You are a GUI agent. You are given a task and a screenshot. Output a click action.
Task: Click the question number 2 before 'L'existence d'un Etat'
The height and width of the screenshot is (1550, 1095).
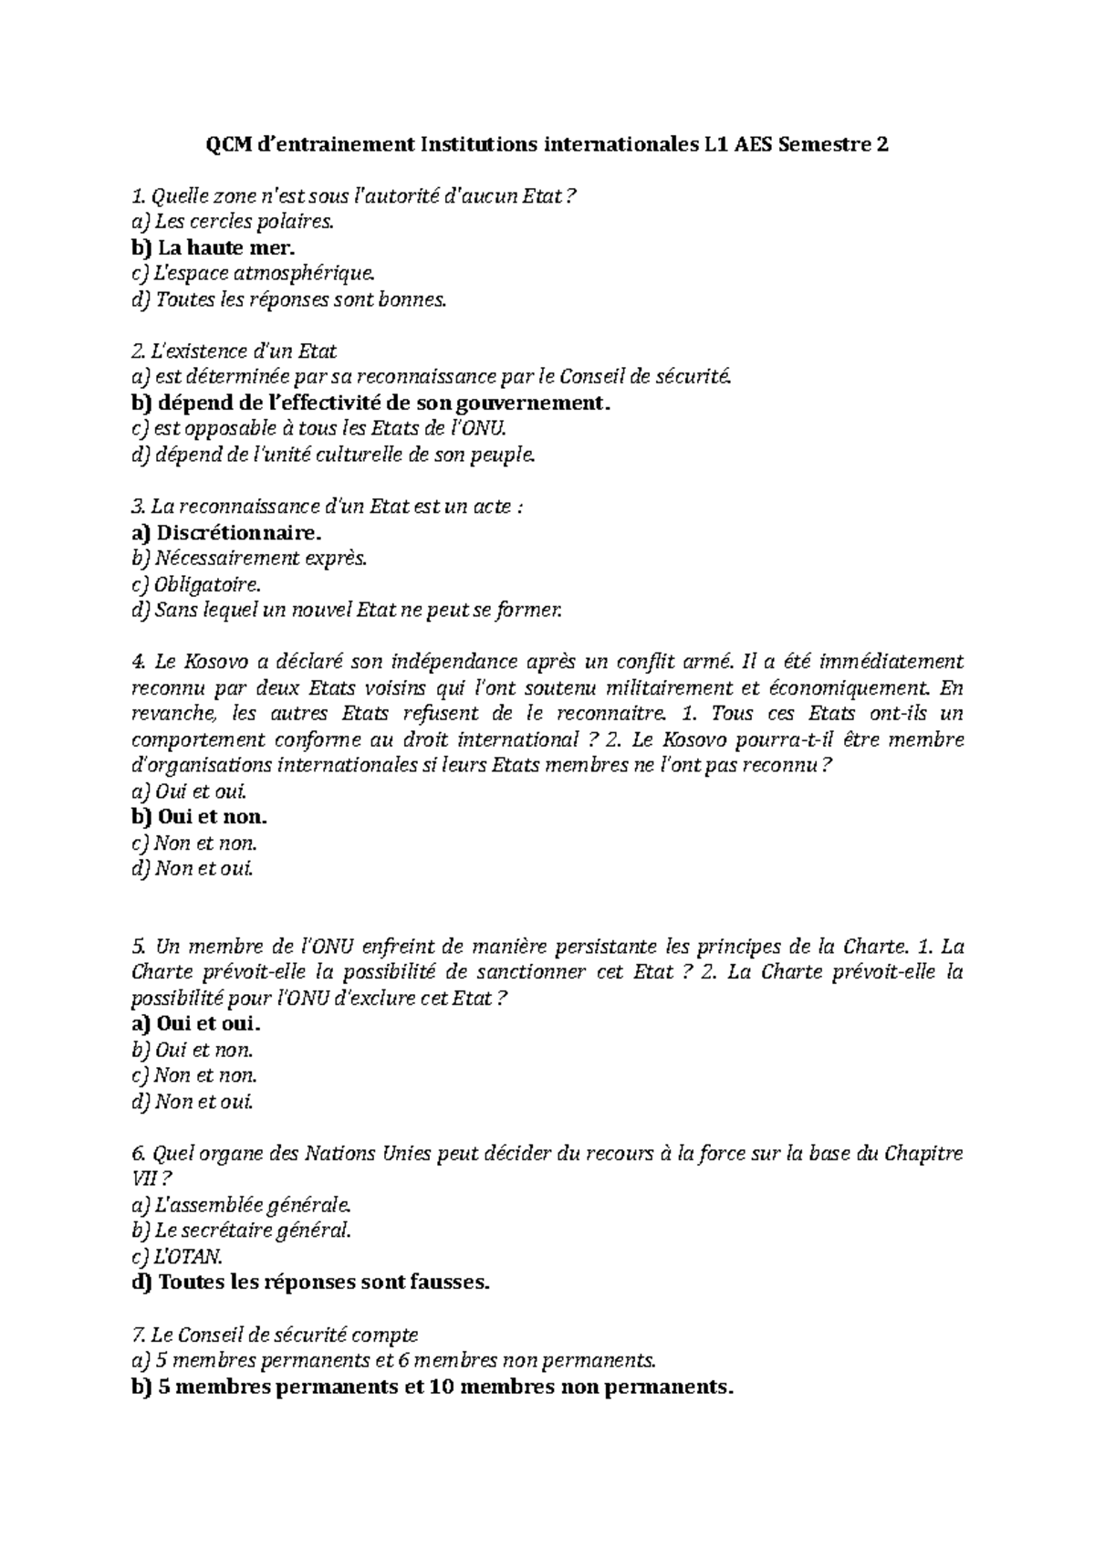coord(138,351)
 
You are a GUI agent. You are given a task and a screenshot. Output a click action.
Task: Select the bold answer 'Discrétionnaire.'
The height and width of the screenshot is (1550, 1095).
coord(239,532)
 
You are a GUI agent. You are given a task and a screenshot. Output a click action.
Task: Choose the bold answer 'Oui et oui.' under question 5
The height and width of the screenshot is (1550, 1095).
coord(209,1023)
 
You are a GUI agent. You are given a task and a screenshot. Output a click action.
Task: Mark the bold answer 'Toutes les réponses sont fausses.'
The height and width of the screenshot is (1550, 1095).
coord(324,1283)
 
